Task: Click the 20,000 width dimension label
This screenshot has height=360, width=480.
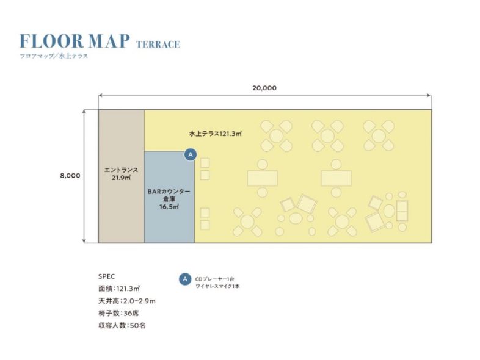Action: click(x=264, y=88)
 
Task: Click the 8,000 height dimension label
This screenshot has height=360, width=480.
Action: click(x=70, y=176)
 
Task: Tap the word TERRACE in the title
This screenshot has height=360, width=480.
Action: click(x=158, y=45)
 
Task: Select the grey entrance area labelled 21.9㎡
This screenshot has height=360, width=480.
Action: click(x=122, y=176)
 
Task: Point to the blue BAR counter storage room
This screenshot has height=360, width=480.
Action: click(x=169, y=197)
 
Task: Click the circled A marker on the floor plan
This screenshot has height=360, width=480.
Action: click(x=191, y=154)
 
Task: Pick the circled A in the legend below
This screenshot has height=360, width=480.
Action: click(x=185, y=279)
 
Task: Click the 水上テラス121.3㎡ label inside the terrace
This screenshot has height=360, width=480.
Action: click(x=216, y=134)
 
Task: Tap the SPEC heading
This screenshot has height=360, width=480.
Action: click(x=106, y=276)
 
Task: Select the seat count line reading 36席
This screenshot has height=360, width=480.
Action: click(x=118, y=313)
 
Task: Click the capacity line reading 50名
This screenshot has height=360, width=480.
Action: click(x=122, y=325)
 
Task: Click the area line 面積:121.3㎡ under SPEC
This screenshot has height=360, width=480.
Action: click(x=119, y=289)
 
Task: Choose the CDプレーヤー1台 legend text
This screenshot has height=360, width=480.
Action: click(x=214, y=279)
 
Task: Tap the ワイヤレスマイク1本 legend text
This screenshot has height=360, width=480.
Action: click(x=217, y=287)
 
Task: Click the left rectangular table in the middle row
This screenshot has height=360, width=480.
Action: click(x=263, y=178)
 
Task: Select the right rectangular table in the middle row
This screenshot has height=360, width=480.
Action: click(x=336, y=178)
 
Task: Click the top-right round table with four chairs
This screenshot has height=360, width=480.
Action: click(x=379, y=136)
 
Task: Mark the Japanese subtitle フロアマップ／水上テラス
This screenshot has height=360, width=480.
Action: click(x=54, y=56)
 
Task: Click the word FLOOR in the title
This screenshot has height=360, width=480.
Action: click(x=51, y=41)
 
